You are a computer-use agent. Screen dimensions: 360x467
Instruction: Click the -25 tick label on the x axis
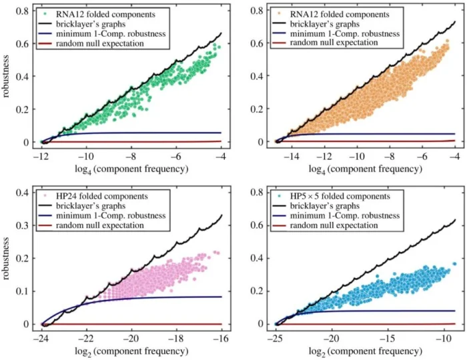coord(277,338)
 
